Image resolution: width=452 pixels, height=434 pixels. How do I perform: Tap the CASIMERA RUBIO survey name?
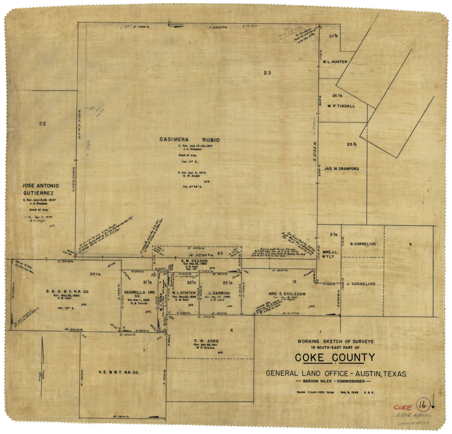(x=190, y=140)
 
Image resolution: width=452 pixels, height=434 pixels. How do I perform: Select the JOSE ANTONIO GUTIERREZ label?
(x=40, y=189)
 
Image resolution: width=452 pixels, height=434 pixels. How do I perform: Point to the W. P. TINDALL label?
(x=341, y=106)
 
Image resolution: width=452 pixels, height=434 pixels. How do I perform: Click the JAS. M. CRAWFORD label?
(x=342, y=169)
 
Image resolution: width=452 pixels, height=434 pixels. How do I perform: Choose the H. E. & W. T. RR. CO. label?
(x=119, y=373)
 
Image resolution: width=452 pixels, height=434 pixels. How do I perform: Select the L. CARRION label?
(x=219, y=293)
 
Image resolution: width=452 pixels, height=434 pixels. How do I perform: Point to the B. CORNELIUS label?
(x=363, y=244)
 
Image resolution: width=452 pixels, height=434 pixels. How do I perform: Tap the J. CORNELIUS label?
(x=361, y=284)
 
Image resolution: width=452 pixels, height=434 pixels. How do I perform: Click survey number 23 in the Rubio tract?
(x=267, y=73)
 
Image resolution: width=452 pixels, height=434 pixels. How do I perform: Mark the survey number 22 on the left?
(x=43, y=123)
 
